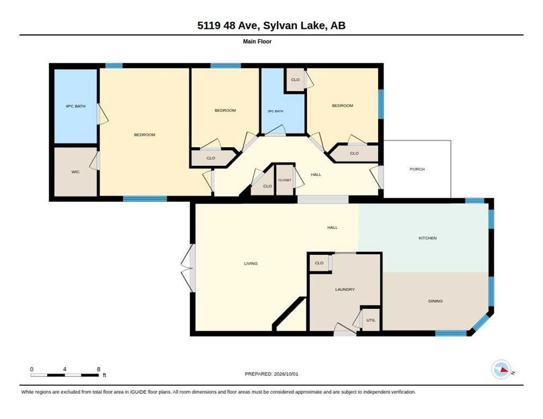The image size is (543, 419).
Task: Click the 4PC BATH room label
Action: click(x=75, y=106)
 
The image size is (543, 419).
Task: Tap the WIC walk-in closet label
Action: click(x=75, y=172)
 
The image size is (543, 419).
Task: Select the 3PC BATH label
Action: click(x=275, y=111)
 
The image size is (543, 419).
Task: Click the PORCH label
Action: click(x=417, y=169)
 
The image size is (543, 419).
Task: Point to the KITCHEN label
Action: click(x=428, y=238)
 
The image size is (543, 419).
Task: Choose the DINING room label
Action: click(x=435, y=301)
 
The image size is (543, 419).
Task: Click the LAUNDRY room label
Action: click(x=345, y=289)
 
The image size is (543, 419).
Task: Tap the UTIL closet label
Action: click(x=371, y=320)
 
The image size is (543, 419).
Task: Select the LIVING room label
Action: click(x=251, y=264)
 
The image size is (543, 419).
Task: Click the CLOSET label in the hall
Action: click(x=285, y=180)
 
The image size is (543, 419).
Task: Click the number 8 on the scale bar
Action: click(x=99, y=369)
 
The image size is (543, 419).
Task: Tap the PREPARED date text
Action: click(x=271, y=374)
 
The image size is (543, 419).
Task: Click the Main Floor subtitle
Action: click(x=257, y=41)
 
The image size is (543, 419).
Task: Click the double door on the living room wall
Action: click(x=188, y=268)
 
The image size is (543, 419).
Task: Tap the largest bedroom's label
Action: click(x=144, y=135)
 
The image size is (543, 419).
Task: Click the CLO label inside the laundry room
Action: click(x=319, y=263)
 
